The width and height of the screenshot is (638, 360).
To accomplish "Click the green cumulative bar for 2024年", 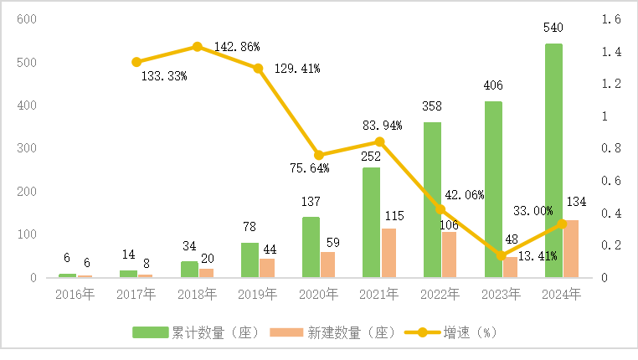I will [x=553, y=159].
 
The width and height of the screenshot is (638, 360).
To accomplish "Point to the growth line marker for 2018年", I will [x=198, y=47].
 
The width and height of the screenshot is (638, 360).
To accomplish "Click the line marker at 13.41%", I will [x=501, y=255].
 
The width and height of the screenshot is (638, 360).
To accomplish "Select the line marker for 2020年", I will [x=319, y=155].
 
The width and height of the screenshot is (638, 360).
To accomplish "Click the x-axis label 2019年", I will [x=258, y=294].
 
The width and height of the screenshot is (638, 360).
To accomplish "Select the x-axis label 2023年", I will [x=501, y=294].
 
